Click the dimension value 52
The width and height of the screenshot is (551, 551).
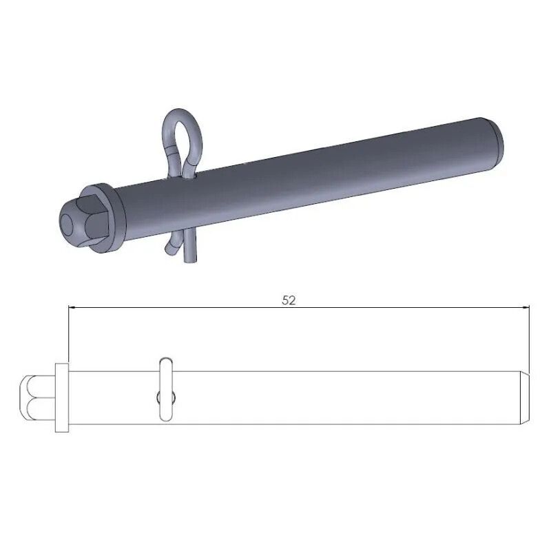(x=289, y=300)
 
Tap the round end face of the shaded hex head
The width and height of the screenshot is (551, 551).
(x=69, y=224)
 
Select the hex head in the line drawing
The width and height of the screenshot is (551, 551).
(x=37, y=397)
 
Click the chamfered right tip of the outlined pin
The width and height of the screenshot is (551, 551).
(x=524, y=397)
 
